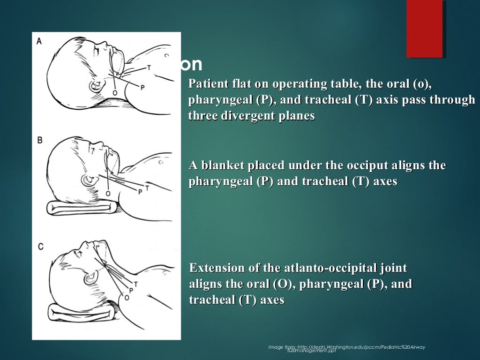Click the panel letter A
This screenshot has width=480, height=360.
[x=39, y=41]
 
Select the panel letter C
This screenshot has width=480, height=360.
[x=41, y=245]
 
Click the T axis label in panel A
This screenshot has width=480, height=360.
[x=149, y=68]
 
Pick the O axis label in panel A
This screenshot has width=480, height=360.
[x=115, y=93]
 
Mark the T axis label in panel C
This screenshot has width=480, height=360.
[x=136, y=284]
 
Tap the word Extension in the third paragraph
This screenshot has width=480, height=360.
[x=219, y=268]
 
